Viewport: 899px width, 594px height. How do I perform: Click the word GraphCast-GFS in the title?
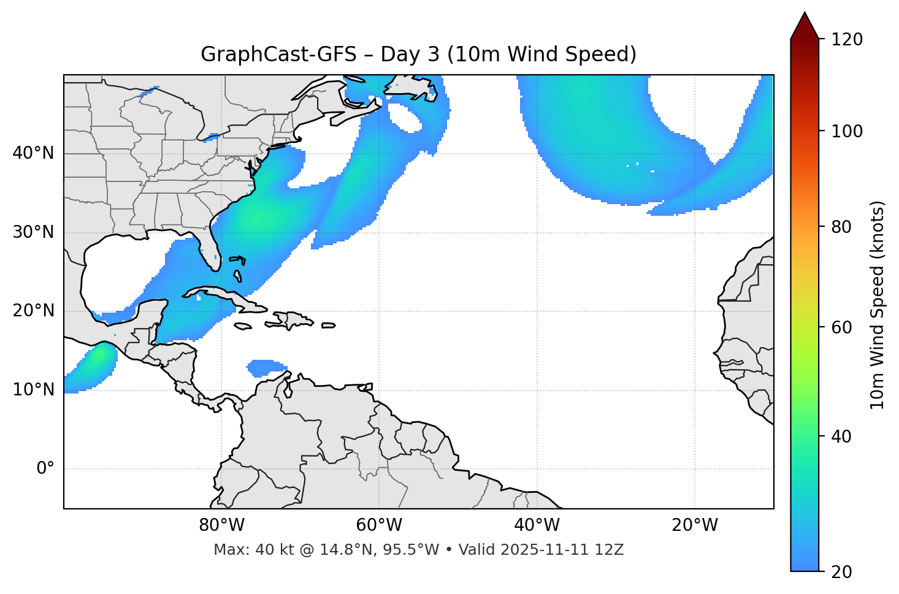click(x=278, y=55)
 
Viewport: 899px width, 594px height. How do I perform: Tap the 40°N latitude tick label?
click(x=33, y=153)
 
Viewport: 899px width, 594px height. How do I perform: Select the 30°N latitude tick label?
click(x=33, y=232)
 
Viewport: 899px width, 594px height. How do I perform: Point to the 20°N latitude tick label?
click(x=33, y=311)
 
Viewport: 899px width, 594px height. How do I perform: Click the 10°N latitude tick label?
click(x=33, y=390)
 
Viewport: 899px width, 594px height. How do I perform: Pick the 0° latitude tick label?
click(x=45, y=469)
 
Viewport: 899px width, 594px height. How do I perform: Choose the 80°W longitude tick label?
click(x=221, y=525)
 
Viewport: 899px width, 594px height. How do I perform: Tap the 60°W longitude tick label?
click(x=379, y=525)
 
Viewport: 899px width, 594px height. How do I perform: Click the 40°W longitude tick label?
click(x=537, y=525)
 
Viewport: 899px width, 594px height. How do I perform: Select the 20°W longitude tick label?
click(x=694, y=525)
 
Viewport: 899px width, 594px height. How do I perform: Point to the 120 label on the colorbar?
click(x=847, y=40)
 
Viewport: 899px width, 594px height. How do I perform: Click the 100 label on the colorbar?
click(x=847, y=131)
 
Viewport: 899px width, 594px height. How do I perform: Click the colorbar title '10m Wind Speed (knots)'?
click(x=878, y=305)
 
